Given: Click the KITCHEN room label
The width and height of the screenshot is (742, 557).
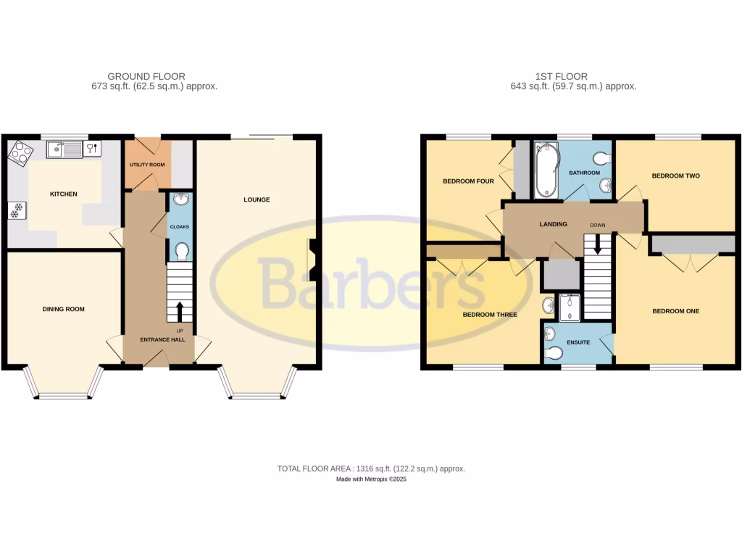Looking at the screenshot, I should click(x=63, y=194).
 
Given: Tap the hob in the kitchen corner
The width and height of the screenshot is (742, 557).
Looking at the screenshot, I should click(x=20, y=153).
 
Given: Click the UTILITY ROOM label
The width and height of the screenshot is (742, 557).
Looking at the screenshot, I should click(x=147, y=165).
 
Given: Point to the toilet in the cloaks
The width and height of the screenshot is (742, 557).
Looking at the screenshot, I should click(x=181, y=251).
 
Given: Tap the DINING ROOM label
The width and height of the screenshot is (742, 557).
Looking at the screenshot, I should click(x=63, y=309).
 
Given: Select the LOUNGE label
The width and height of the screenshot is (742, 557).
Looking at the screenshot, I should click(x=257, y=199).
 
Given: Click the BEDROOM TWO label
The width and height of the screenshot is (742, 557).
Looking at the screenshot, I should click(x=675, y=176).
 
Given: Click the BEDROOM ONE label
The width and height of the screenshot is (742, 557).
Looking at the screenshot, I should click(x=675, y=311).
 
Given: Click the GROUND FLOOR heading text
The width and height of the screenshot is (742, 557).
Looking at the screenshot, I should click(x=146, y=76).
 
